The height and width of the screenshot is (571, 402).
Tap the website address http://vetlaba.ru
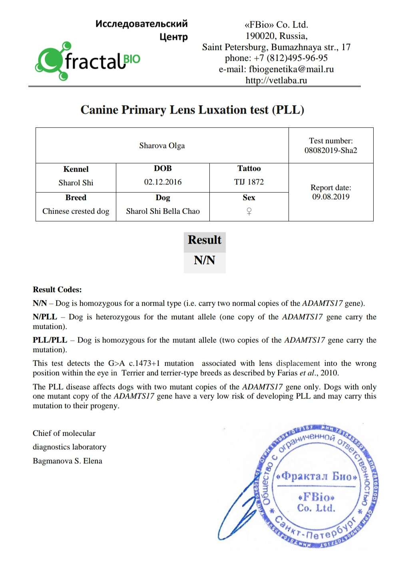[276, 80]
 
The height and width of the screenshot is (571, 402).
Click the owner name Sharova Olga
[162, 146]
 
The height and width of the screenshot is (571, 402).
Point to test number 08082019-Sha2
[330, 151]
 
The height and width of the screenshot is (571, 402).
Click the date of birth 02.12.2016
[163, 182]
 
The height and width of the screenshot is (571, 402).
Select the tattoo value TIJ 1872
[249, 182]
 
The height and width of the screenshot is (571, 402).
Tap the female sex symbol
[249, 211]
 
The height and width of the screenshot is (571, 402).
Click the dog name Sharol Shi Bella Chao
[163, 211]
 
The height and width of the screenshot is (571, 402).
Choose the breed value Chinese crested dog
[76, 211]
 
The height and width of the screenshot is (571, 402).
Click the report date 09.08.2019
[330, 197]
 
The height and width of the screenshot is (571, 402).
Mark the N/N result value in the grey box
[204, 260]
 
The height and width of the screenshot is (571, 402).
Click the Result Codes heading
[57, 290]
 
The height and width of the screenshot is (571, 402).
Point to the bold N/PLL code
[45, 317]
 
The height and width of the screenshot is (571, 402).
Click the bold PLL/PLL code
[50, 340]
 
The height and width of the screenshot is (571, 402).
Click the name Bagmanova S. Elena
[68, 461]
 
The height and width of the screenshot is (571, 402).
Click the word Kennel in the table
[76, 169]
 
